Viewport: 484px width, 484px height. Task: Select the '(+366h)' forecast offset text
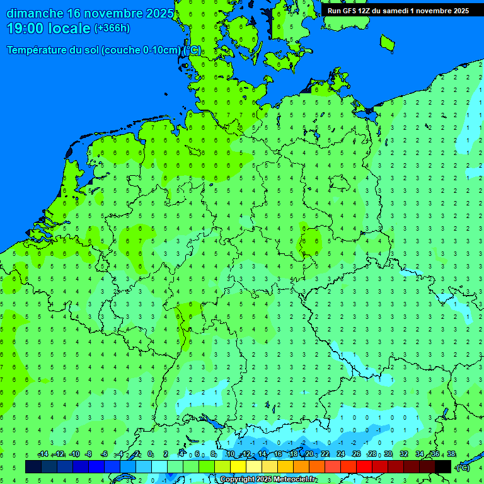click(x=112, y=28)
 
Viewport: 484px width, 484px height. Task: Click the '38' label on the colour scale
click(x=451, y=454)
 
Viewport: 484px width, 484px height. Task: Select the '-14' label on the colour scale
click(x=43, y=454)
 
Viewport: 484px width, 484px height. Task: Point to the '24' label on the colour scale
click(x=341, y=454)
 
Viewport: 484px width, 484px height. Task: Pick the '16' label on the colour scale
click(x=278, y=454)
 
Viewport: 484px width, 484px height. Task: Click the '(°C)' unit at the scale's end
click(x=463, y=467)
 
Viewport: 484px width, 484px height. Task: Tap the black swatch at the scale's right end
click(x=443, y=466)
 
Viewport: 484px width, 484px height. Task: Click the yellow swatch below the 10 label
click(x=222, y=466)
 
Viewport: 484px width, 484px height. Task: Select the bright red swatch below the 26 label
click(x=364, y=466)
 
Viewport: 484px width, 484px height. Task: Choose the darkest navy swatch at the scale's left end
click(x=33, y=466)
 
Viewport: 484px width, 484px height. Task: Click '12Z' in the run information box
click(x=367, y=11)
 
